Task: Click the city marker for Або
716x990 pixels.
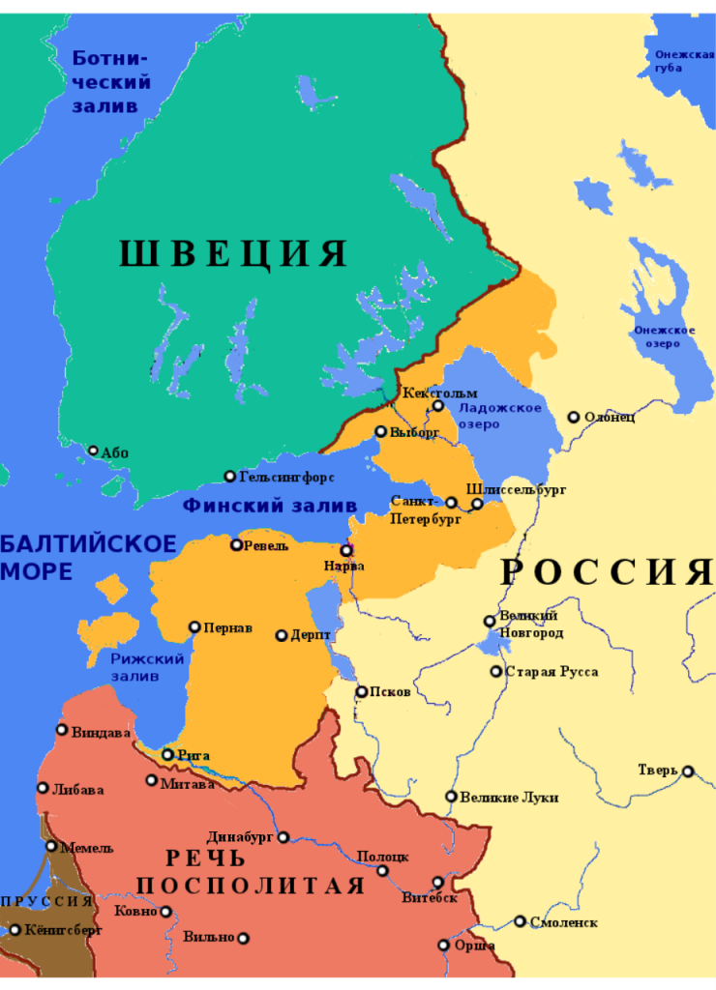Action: tap(94, 451)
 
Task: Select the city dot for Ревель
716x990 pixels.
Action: tap(236, 545)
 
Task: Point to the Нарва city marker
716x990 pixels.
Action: tap(346, 550)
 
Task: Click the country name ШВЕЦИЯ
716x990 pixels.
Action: tap(233, 253)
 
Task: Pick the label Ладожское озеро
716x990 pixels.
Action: tap(499, 417)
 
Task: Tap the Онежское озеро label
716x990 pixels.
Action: tap(665, 336)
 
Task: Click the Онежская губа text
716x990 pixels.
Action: tap(683, 61)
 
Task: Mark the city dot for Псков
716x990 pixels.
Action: tap(362, 692)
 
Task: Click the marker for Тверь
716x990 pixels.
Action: tap(688, 772)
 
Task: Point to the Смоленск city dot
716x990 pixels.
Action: tap(521, 921)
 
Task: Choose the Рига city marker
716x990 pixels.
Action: tap(167, 755)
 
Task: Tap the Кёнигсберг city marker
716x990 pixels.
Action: tap(15, 930)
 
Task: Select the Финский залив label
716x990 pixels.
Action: tap(270, 506)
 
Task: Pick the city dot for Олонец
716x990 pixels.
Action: tap(574, 418)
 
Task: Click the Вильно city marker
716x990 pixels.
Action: tap(244, 938)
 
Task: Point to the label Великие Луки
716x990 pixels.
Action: tap(509, 798)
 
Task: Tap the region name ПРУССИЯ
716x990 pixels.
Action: tap(46, 901)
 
